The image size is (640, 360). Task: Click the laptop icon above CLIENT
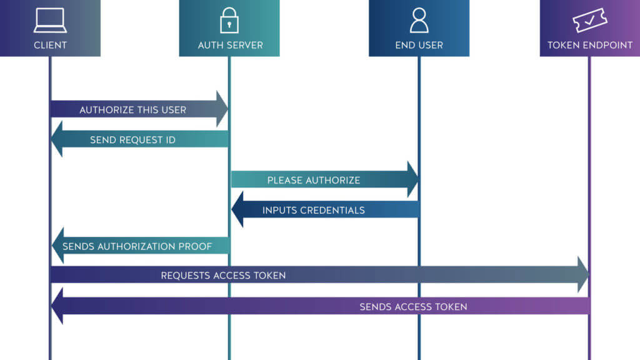(x=50, y=21)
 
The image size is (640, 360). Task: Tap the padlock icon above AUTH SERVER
(x=229, y=21)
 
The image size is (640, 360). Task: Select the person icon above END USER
(x=419, y=21)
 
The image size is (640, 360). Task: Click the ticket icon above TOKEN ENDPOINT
(x=589, y=21)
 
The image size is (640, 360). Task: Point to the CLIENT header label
(x=50, y=45)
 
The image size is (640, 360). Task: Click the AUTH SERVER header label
(x=230, y=45)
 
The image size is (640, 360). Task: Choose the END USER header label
(x=419, y=45)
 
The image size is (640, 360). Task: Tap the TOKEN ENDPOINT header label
(x=589, y=45)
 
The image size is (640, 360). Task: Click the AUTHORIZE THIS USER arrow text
(x=132, y=110)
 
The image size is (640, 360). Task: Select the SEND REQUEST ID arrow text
(x=132, y=140)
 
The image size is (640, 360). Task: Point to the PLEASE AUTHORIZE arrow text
(x=314, y=180)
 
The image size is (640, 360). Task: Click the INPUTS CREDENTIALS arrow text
(x=314, y=210)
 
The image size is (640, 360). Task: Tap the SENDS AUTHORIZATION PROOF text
(x=137, y=246)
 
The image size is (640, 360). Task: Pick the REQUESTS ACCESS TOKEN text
(x=223, y=276)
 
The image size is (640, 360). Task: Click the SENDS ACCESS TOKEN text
(x=413, y=307)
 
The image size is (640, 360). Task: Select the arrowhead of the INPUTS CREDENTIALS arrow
(x=237, y=209)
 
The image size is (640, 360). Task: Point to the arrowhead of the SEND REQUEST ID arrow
(x=57, y=139)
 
